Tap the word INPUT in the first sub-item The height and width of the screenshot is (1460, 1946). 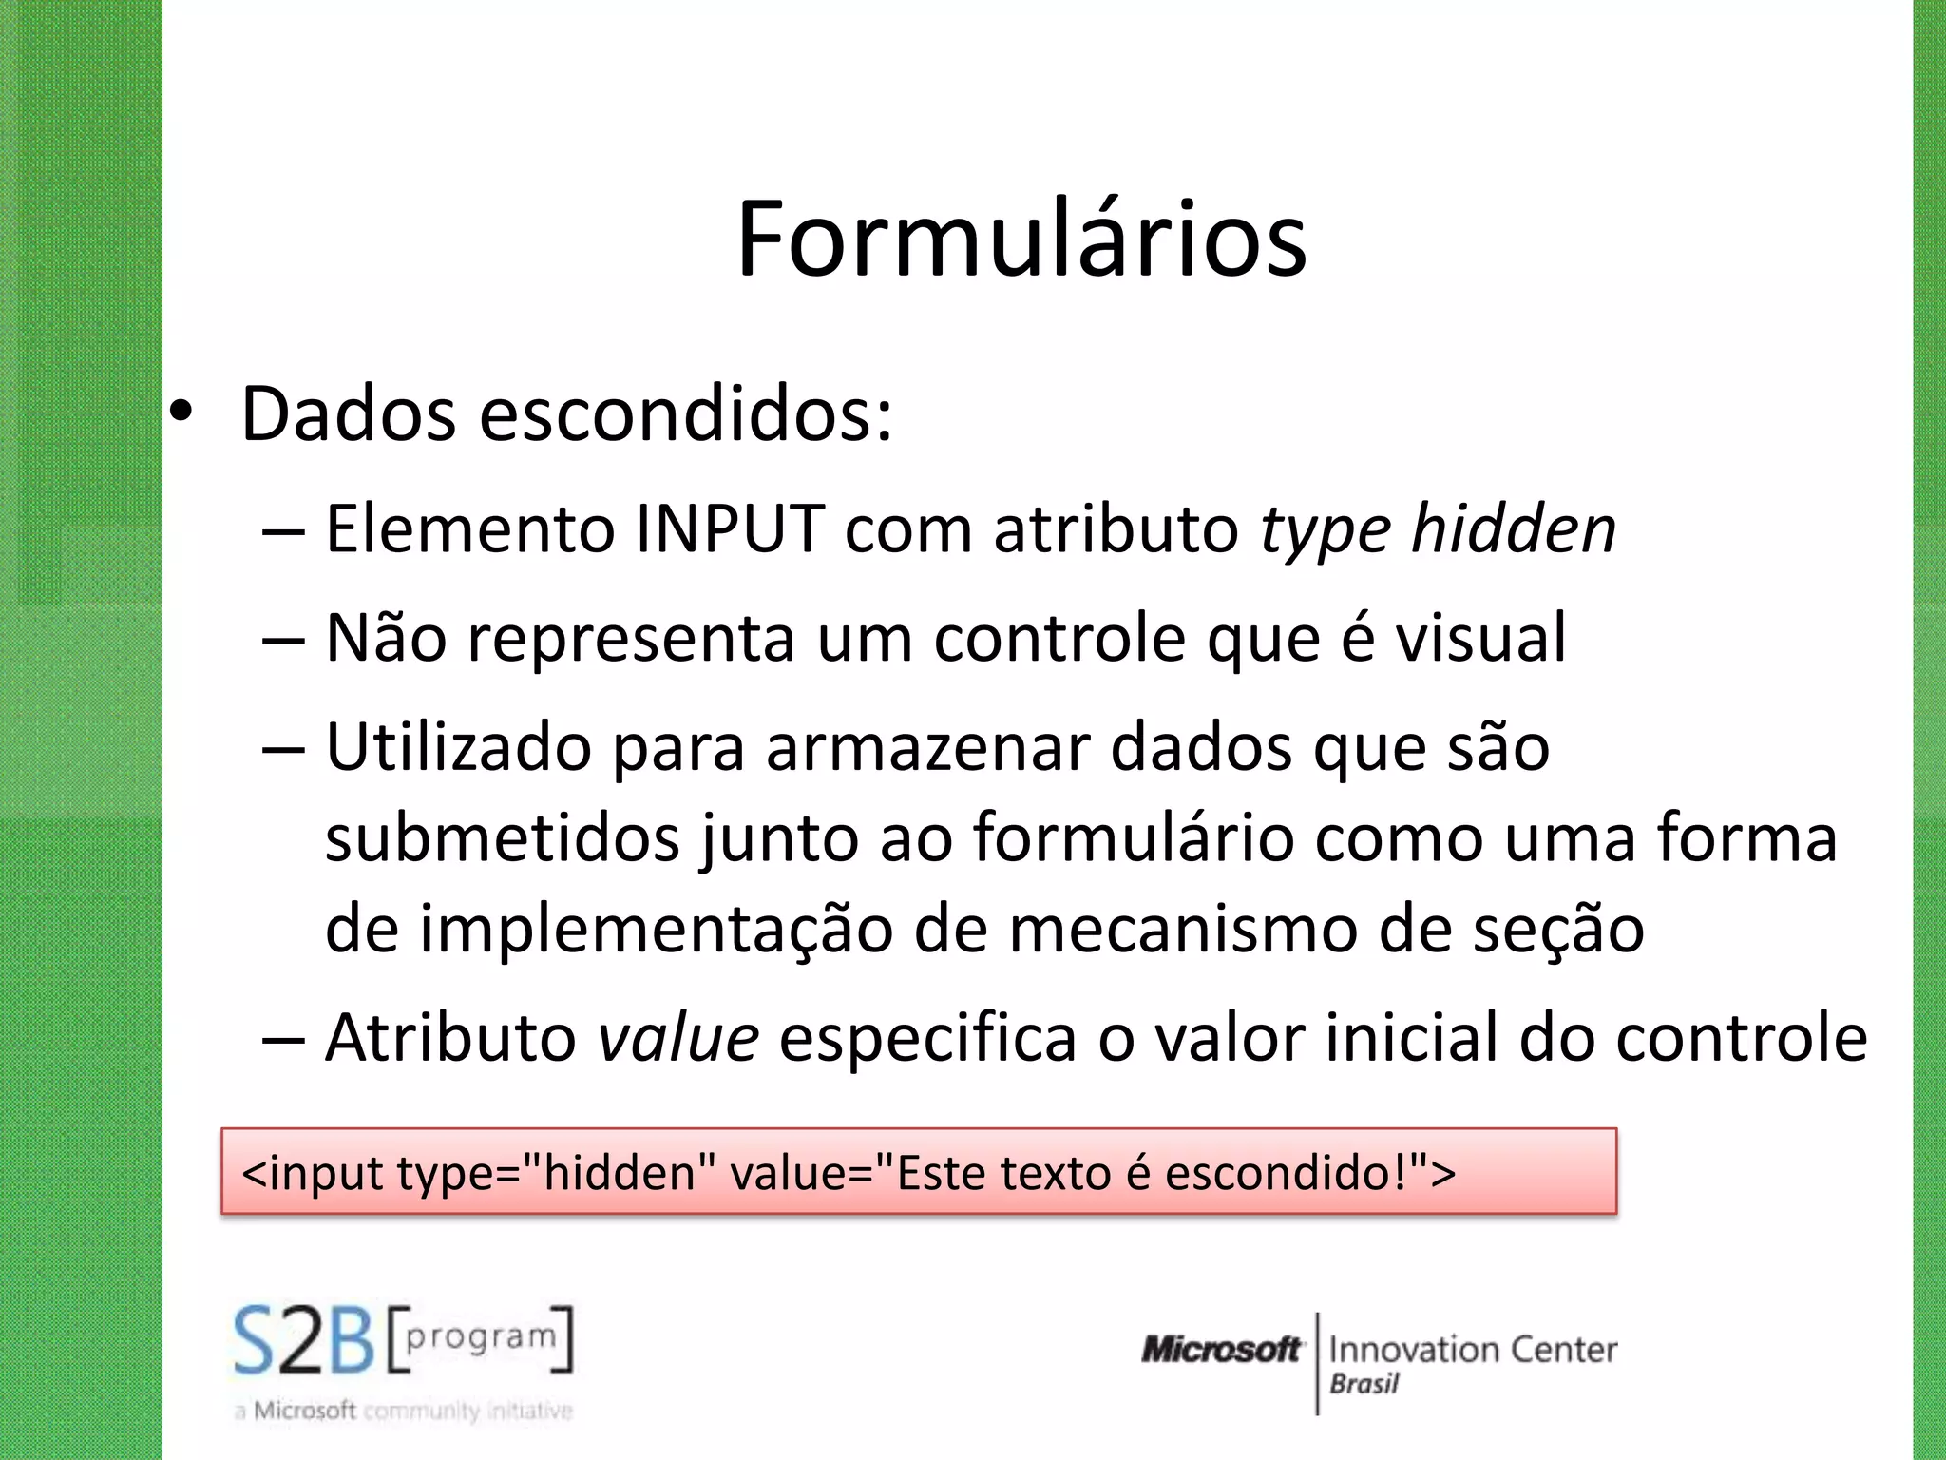730,528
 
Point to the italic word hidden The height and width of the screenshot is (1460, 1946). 1513,528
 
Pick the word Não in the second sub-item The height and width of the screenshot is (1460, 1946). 386,638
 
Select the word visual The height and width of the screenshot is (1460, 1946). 1480,638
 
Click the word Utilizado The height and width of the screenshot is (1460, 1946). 458,747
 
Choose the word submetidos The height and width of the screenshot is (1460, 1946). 503,838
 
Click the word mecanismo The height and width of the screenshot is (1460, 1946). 1182,929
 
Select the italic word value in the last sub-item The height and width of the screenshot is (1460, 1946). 678,1037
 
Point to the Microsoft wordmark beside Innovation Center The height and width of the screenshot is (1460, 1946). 1221,1350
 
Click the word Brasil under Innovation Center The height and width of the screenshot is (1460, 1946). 1364,1384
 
